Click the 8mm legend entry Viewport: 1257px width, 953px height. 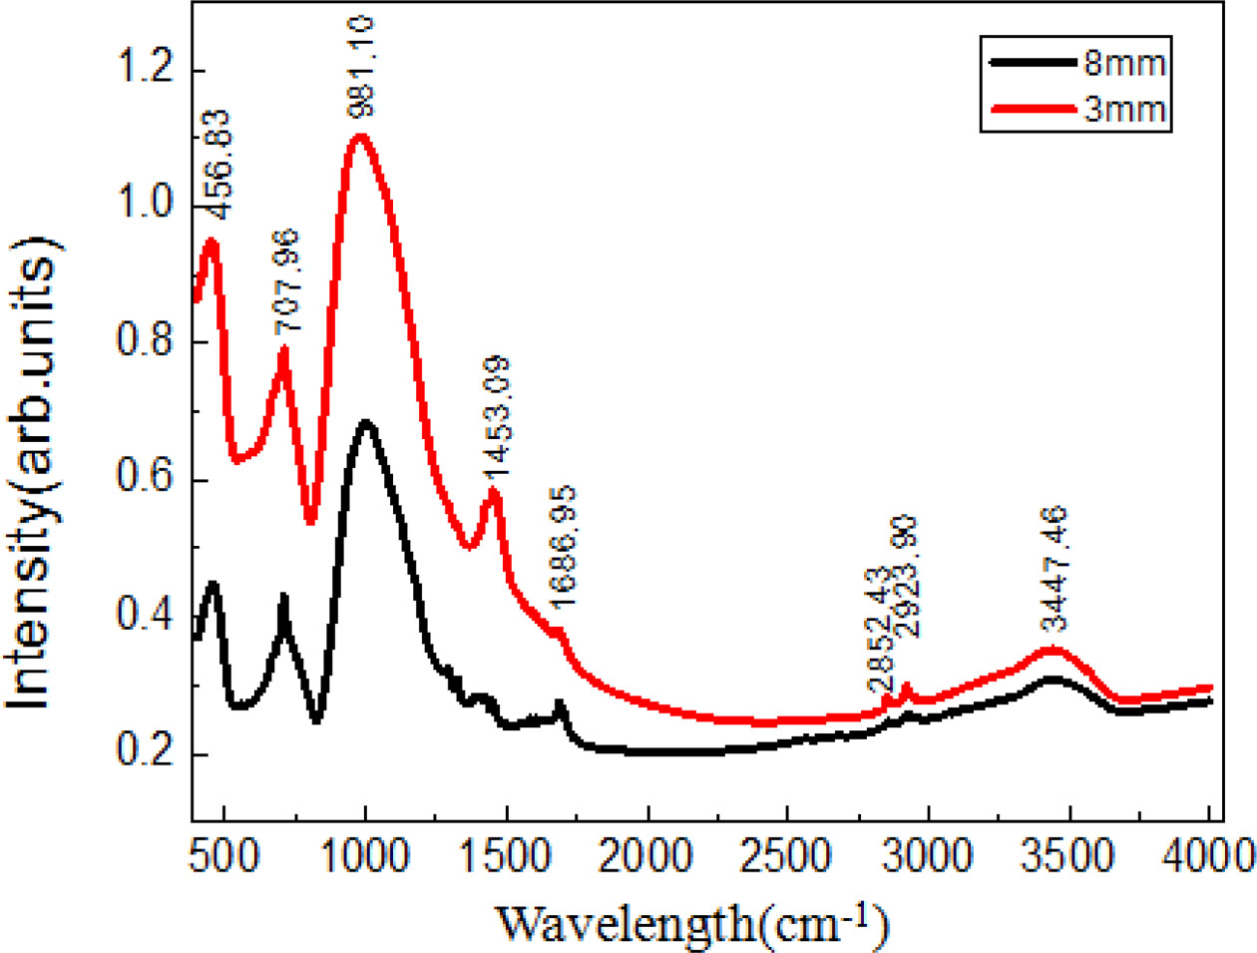(x=1124, y=64)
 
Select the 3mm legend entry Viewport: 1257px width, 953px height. (x=1124, y=107)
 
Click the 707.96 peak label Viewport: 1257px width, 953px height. (x=285, y=282)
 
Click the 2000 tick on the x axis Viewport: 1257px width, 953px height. (x=648, y=855)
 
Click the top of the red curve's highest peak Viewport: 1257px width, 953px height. (x=359, y=136)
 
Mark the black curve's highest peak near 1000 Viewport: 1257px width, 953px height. (x=366, y=422)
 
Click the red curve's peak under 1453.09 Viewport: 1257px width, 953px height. (x=493, y=490)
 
